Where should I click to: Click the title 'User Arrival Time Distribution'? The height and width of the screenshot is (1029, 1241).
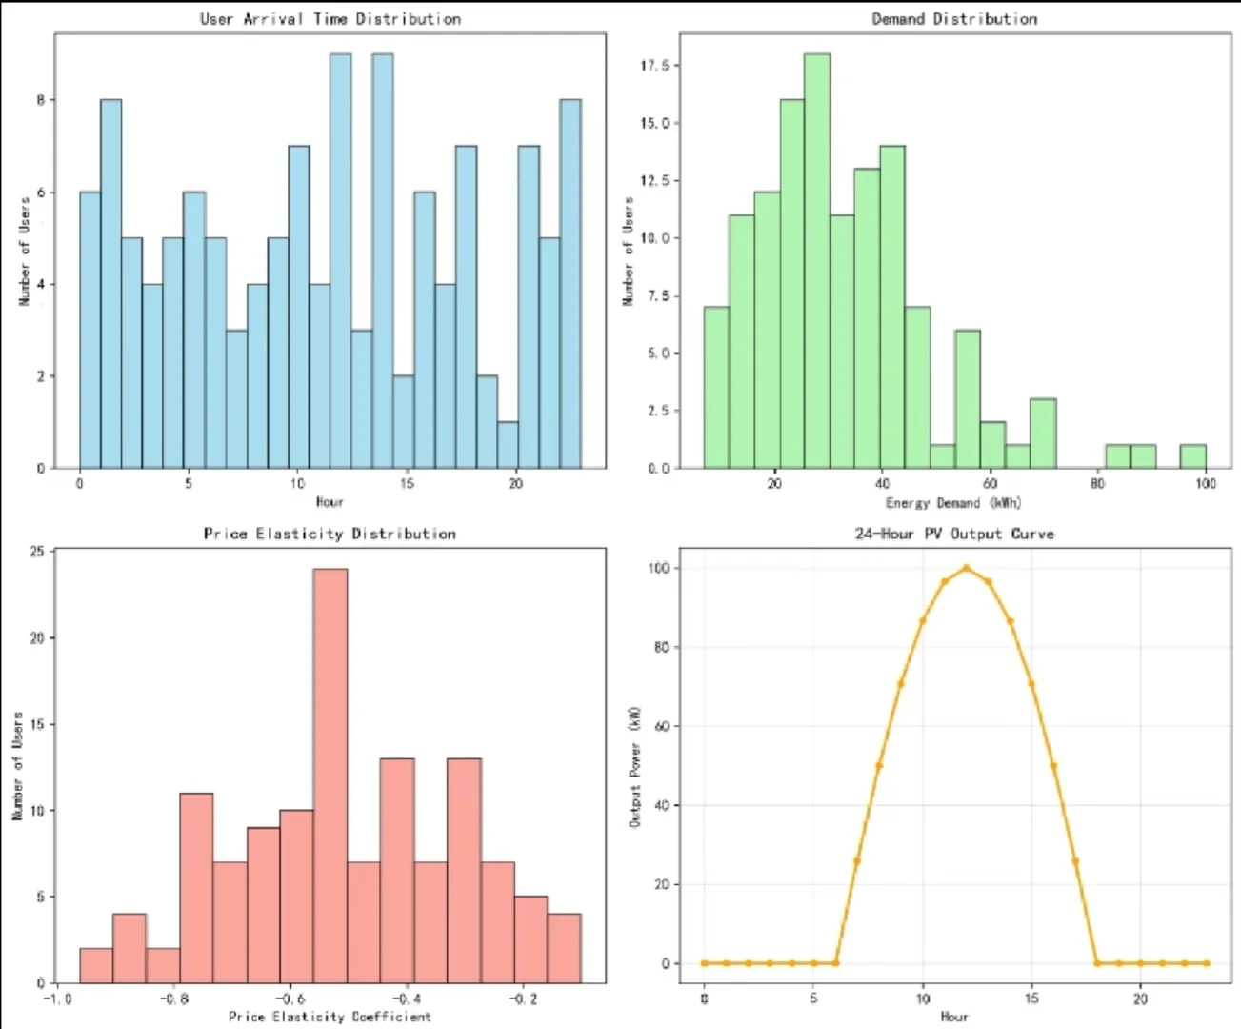pos(330,19)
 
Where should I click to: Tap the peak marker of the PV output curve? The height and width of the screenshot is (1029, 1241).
pos(966,568)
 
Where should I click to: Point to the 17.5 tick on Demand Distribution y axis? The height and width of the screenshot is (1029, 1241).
pos(655,66)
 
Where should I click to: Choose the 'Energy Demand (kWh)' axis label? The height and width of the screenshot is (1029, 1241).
pos(952,502)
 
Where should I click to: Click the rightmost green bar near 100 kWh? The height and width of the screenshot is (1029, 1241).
pos(1192,456)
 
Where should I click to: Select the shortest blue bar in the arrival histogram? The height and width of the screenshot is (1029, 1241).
pos(508,445)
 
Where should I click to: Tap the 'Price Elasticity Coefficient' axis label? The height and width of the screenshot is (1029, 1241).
pos(330,1017)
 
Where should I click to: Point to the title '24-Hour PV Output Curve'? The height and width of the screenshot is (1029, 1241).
pos(954,534)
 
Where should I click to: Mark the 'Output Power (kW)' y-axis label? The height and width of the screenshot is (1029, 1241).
pos(635,766)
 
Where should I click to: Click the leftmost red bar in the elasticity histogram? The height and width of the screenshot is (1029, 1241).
pos(95,965)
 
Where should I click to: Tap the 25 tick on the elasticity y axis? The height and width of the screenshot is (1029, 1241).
pos(37,552)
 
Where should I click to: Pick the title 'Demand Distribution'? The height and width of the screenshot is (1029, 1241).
pos(954,19)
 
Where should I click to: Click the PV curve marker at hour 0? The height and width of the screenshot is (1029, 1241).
pos(705,963)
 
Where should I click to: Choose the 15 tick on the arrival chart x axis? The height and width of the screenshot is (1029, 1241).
pos(407,483)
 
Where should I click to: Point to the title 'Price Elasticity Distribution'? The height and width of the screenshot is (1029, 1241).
pos(330,534)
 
